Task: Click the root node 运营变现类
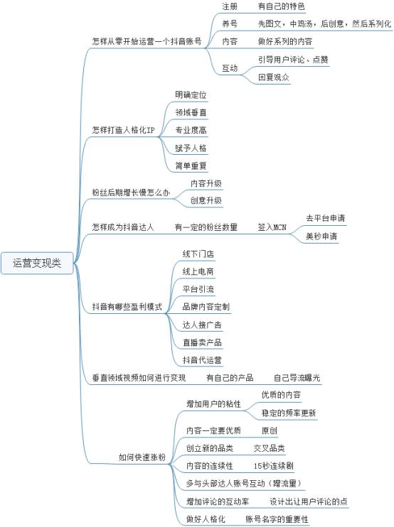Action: (x=37, y=263)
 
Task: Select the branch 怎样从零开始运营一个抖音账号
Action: (x=147, y=41)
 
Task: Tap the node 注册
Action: (x=230, y=6)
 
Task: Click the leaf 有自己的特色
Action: (x=282, y=6)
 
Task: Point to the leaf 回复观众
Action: (x=274, y=77)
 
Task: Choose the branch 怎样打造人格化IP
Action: (x=123, y=130)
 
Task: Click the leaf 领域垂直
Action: (x=191, y=113)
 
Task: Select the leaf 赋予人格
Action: (x=191, y=148)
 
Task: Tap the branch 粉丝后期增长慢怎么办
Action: (x=131, y=192)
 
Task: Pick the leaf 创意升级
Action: (x=206, y=201)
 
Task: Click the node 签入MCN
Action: (x=272, y=227)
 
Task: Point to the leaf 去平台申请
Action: (x=325, y=218)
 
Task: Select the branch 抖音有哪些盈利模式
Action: (x=127, y=307)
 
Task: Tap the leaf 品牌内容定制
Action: (x=206, y=307)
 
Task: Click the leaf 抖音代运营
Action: (x=202, y=360)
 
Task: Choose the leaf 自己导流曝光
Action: (x=297, y=378)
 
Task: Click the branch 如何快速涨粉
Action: (x=142, y=457)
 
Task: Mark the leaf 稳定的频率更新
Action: (x=289, y=413)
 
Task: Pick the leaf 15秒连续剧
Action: (x=274, y=466)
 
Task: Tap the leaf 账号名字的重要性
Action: (x=277, y=519)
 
